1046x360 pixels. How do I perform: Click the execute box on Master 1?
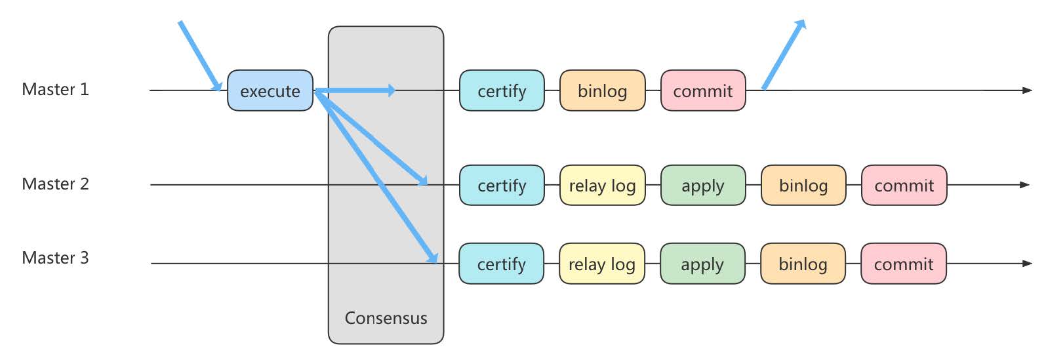pos(270,90)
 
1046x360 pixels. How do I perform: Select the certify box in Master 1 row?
pos(502,90)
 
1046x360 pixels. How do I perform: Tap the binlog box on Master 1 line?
pos(602,90)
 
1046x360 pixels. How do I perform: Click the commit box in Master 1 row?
pos(702,90)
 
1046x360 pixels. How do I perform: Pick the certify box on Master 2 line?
pos(502,186)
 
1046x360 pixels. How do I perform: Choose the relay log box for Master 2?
pos(602,186)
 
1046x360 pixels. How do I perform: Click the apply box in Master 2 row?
pos(702,186)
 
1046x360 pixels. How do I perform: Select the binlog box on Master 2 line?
pos(803,186)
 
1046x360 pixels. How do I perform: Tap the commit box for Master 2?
pos(904,186)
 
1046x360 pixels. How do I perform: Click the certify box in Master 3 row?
pos(501,264)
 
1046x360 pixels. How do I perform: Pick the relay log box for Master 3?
pos(601,264)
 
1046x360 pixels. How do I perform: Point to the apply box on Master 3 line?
pos(702,264)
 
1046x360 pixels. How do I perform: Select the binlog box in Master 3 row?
pos(803,264)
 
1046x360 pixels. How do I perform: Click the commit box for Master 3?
pos(903,264)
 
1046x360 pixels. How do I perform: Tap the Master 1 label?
pos(55,89)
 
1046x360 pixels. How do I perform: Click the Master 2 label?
pos(55,184)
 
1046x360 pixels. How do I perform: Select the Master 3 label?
pos(55,258)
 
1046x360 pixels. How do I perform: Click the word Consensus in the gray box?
pos(386,318)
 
